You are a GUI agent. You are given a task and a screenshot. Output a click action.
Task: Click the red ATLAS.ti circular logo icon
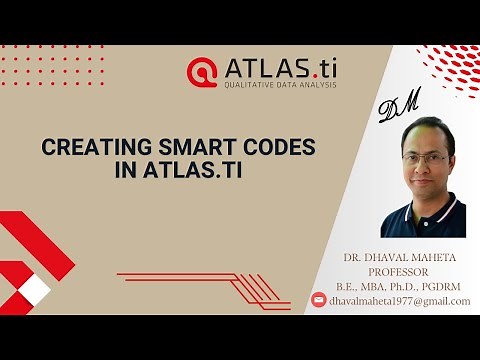201,71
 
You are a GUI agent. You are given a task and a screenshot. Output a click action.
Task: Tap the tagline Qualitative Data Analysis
279,84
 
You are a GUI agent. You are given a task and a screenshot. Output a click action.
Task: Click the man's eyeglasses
425,157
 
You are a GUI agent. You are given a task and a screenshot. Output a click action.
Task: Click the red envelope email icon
319,300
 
